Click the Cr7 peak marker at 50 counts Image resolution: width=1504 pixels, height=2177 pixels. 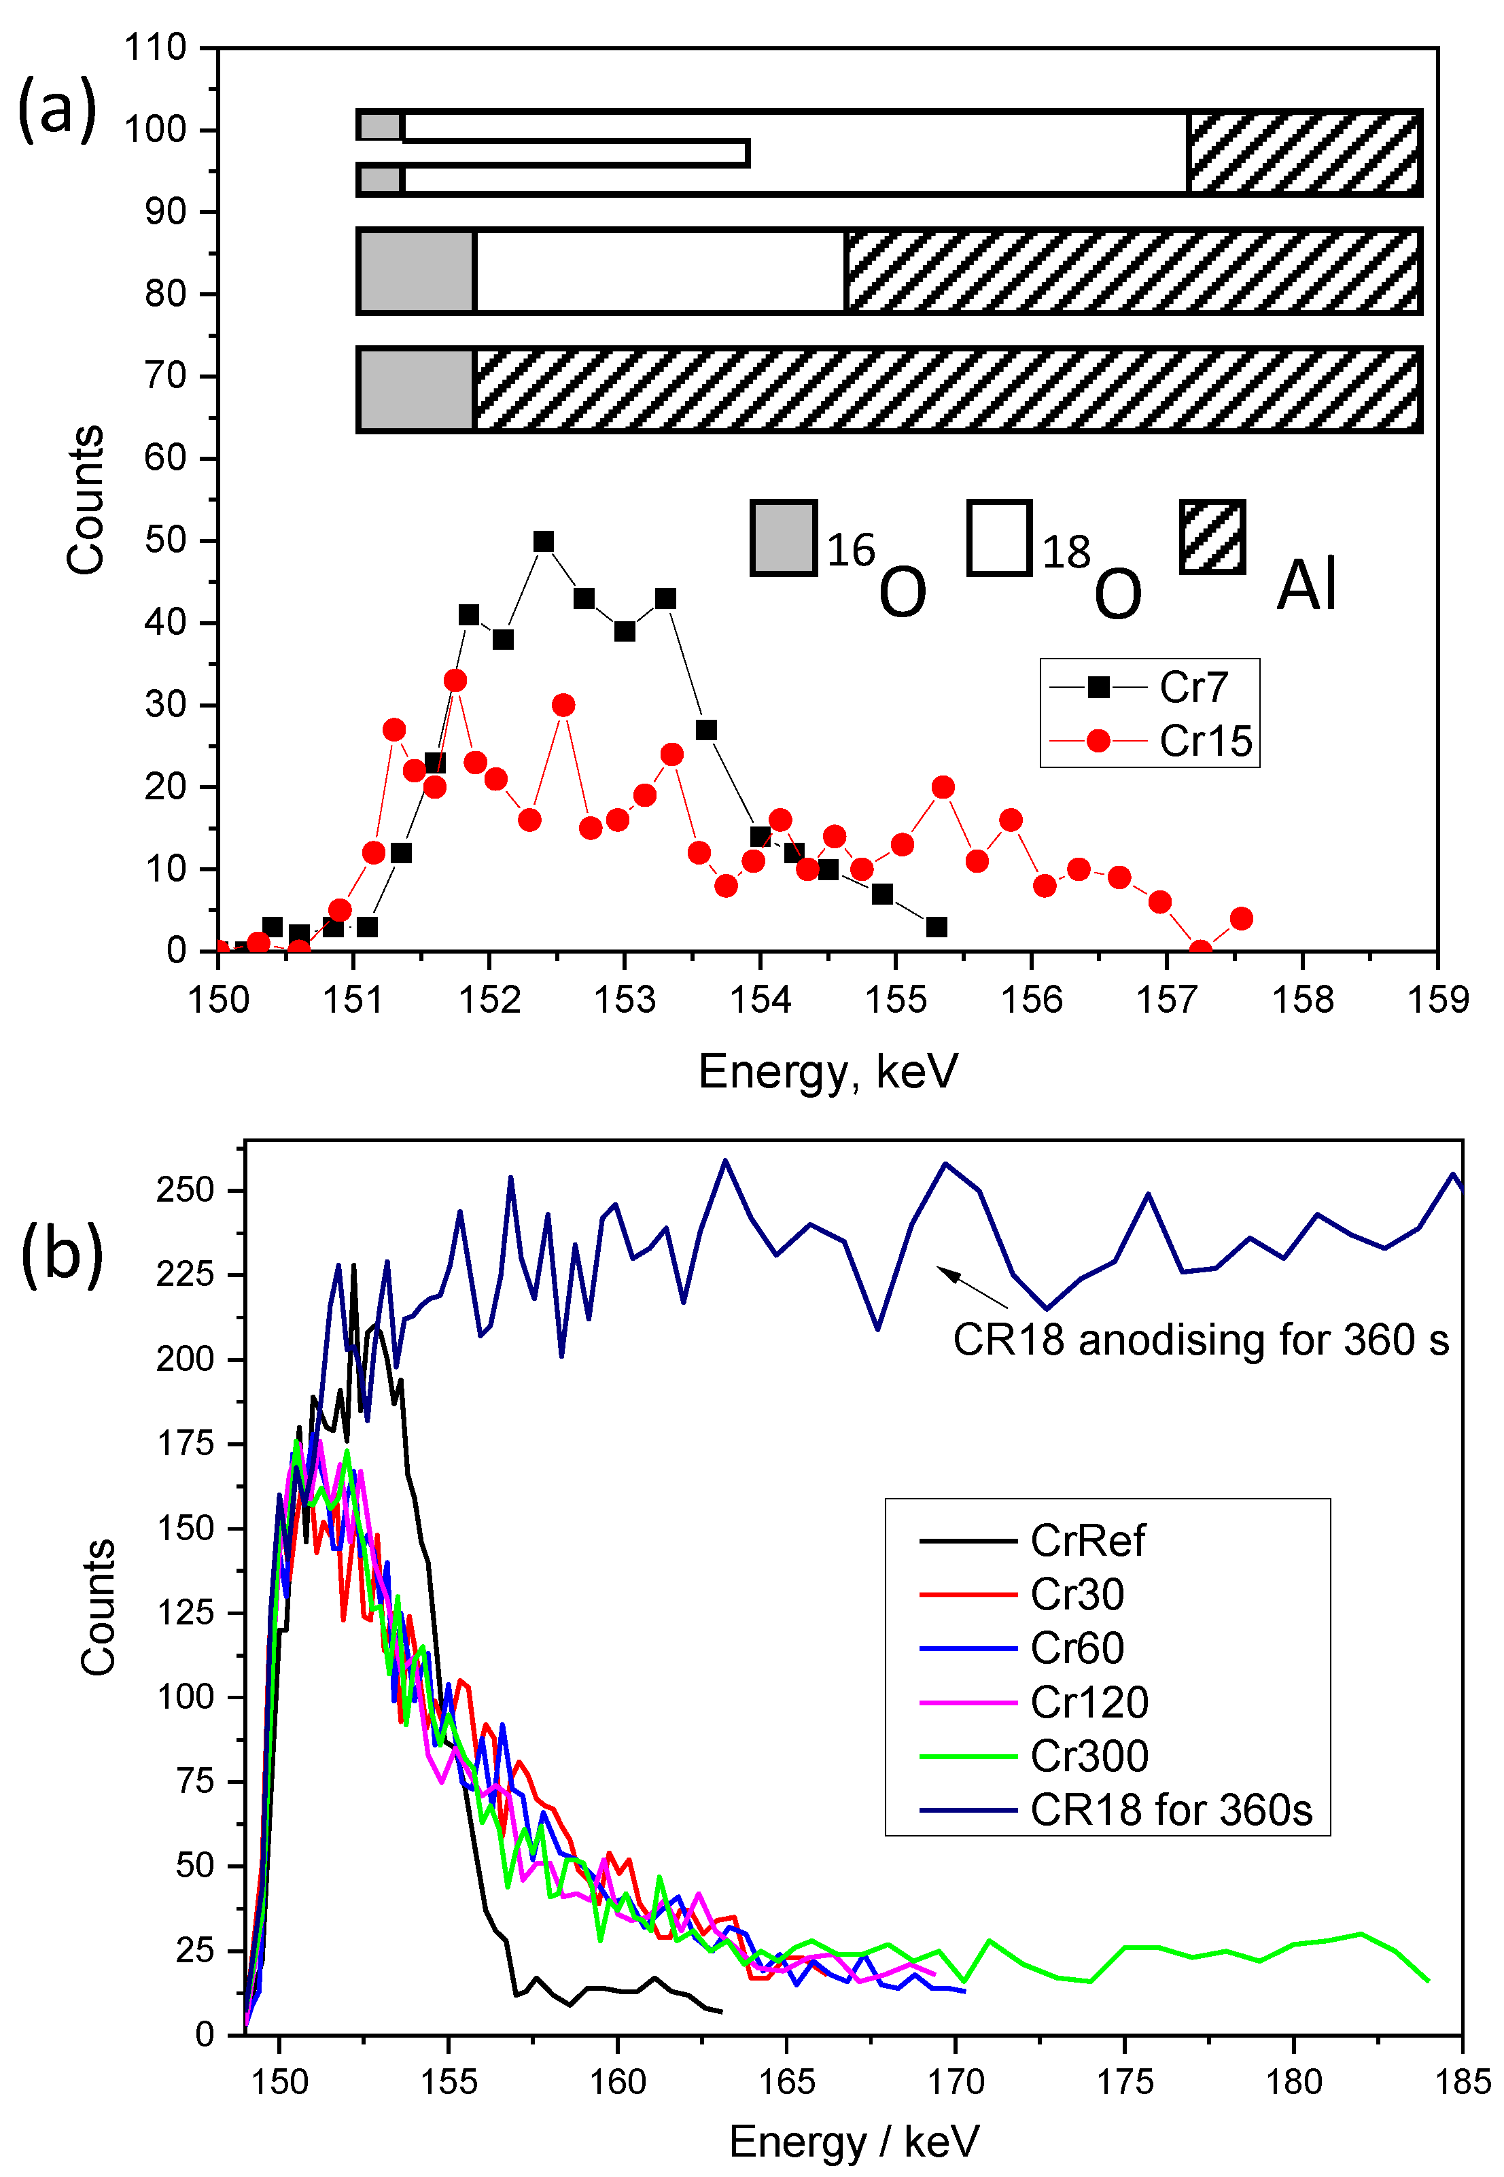pyautogui.click(x=544, y=541)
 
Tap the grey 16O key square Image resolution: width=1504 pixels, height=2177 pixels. pyautogui.click(x=783, y=537)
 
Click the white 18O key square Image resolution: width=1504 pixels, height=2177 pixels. pyautogui.click(x=999, y=537)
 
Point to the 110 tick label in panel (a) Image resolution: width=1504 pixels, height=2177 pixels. pyautogui.click(x=156, y=47)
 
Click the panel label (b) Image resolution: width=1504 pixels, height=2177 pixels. pyautogui.click(x=61, y=1253)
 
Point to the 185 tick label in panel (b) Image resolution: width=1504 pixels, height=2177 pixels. pyautogui.click(x=1462, y=2082)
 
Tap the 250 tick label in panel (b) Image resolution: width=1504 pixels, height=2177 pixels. pyautogui.click(x=185, y=1190)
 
